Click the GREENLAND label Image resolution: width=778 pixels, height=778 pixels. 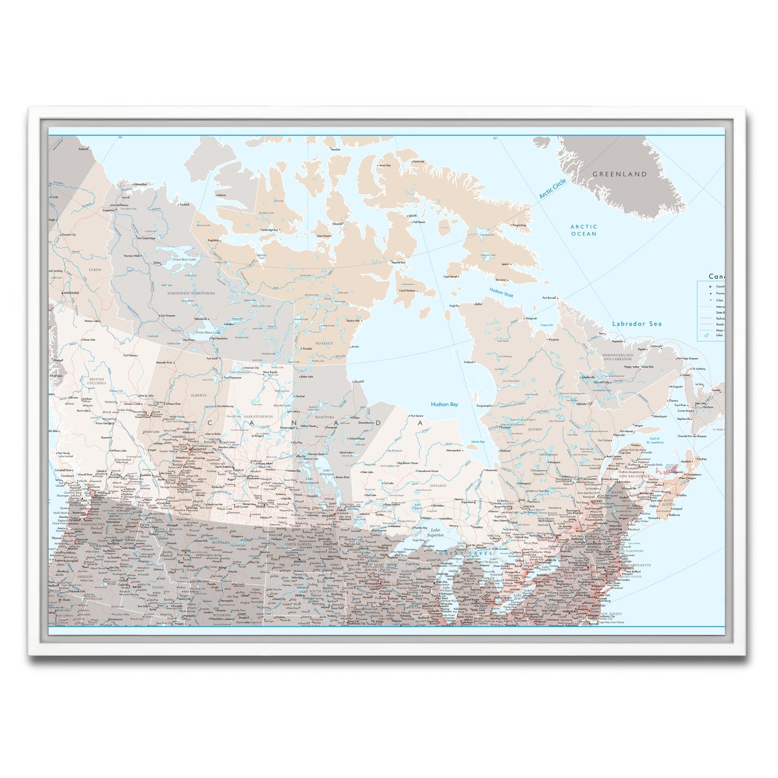click(x=620, y=174)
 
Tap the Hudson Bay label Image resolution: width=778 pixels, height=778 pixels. click(x=444, y=404)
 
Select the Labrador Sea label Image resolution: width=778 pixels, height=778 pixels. click(x=637, y=324)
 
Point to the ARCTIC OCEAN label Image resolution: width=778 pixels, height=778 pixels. click(x=583, y=230)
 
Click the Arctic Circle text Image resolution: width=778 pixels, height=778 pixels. click(x=552, y=189)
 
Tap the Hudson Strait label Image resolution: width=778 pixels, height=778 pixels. click(x=501, y=296)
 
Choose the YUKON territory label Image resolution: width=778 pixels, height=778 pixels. click(x=95, y=269)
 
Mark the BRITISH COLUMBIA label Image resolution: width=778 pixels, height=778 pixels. click(x=97, y=381)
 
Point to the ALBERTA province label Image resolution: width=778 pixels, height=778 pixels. click(x=198, y=394)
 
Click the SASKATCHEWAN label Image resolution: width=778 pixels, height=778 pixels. click(x=253, y=416)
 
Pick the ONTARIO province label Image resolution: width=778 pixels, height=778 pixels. click(x=438, y=485)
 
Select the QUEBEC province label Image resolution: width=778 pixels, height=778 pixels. click(x=535, y=429)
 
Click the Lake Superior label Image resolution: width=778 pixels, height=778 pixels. click(x=435, y=533)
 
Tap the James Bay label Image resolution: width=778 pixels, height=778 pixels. click(x=477, y=442)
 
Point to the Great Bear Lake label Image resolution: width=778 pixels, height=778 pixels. click(x=183, y=259)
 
